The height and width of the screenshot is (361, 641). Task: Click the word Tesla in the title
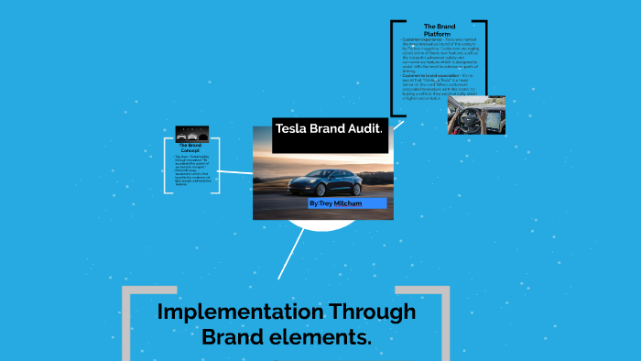pyautogui.click(x=292, y=128)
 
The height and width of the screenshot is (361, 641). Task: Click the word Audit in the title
pyautogui.click(x=360, y=128)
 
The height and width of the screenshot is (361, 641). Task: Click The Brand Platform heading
pyautogui.click(x=439, y=30)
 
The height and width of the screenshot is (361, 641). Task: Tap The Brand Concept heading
pyautogui.click(x=190, y=148)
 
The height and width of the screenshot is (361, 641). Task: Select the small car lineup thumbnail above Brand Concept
pyautogui.click(x=191, y=134)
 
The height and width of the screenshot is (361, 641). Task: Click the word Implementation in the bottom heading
pyautogui.click(x=223, y=312)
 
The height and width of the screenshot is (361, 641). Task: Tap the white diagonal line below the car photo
pyautogui.click(x=291, y=251)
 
